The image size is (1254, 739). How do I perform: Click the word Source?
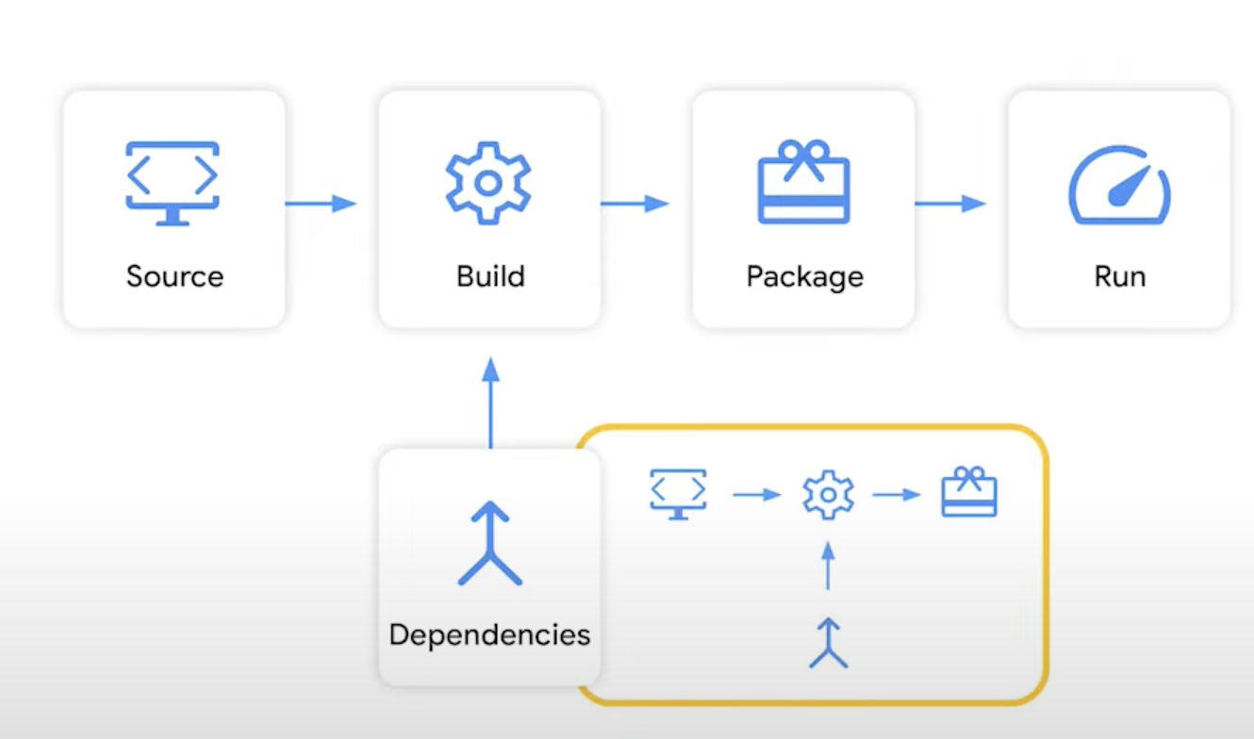(x=174, y=276)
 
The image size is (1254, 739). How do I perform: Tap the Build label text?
(x=490, y=276)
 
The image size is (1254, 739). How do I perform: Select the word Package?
(x=804, y=277)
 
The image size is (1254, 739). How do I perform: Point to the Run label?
(x=1119, y=276)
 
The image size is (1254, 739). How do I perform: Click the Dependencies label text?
(x=489, y=634)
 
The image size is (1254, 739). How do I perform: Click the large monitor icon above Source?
(x=173, y=183)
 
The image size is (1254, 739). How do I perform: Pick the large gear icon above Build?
(x=488, y=183)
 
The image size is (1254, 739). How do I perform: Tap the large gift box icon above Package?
(x=803, y=183)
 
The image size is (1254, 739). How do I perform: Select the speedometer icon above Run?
(x=1119, y=185)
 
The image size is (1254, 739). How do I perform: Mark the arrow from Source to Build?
(x=321, y=203)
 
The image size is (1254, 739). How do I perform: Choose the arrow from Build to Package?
(x=635, y=203)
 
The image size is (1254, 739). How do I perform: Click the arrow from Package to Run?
(x=949, y=203)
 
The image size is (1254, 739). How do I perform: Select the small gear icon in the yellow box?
(x=828, y=495)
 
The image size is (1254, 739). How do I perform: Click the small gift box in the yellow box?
(x=969, y=492)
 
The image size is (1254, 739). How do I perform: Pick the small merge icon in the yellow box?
(x=828, y=643)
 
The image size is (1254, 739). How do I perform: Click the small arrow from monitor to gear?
(x=757, y=494)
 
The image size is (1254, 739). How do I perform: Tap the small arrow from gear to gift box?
(x=897, y=494)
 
